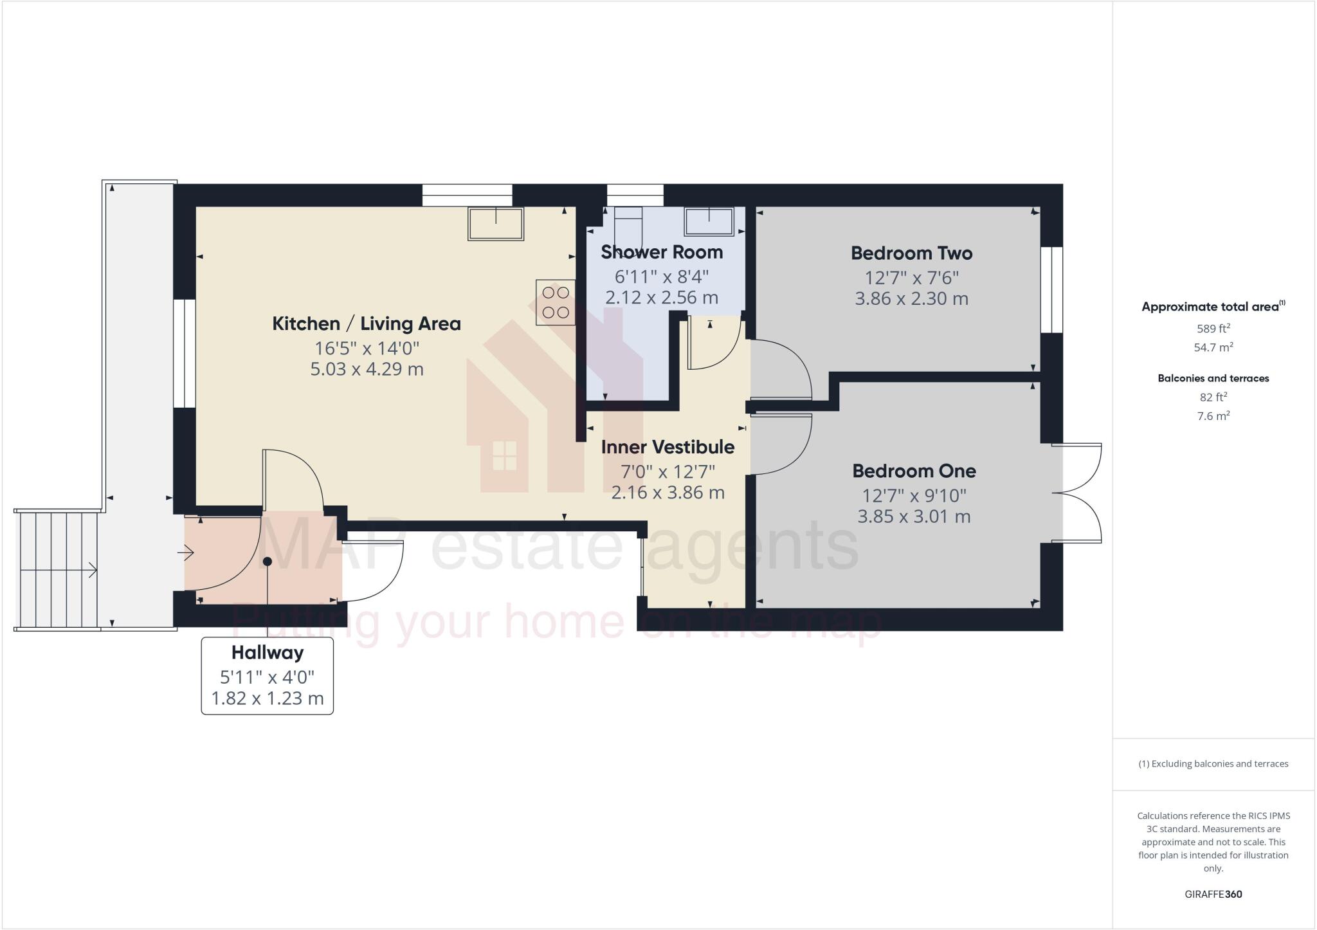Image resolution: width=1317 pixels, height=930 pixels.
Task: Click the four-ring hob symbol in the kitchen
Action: tap(556, 302)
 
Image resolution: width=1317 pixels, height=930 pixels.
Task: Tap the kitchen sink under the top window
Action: tap(495, 223)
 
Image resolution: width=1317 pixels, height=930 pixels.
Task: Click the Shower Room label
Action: tap(662, 252)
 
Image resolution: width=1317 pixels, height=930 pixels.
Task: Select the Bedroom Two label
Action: tap(911, 253)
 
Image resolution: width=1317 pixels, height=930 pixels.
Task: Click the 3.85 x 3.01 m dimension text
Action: tap(914, 516)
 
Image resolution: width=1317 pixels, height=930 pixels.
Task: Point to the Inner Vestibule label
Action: tap(668, 447)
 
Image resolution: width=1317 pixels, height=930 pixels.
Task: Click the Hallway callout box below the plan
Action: tap(268, 675)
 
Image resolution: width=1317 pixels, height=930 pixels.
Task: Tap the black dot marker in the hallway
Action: tap(268, 561)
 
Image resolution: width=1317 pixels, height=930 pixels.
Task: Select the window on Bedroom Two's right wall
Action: tap(1052, 289)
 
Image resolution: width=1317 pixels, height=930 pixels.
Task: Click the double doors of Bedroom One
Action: tap(1078, 493)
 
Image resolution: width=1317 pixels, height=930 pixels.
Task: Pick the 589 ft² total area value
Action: tap(1213, 329)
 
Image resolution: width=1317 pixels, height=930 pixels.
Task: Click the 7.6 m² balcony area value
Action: tap(1213, 416)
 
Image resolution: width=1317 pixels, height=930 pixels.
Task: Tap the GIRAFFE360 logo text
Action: tap(1213, 894)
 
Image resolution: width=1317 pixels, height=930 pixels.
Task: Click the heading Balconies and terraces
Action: tap(1213, 378)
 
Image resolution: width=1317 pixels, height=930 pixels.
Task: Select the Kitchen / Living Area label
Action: tap(367, 324)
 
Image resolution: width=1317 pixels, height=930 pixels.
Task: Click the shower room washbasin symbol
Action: tap(709, 222)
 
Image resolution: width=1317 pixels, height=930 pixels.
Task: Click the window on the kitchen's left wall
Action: tap(185, 353)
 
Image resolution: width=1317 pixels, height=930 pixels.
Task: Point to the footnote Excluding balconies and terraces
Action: tap(1213, 764)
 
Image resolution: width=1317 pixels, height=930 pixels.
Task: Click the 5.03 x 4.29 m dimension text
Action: tap(367, 370)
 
